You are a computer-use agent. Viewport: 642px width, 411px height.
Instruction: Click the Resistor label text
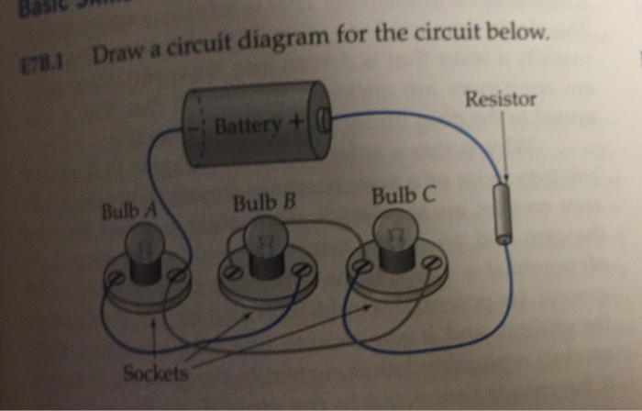click(x=500, y=99)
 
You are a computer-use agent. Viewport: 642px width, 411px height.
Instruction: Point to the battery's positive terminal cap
click(x=321, y=118)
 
